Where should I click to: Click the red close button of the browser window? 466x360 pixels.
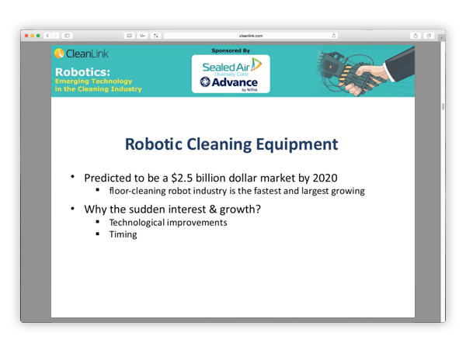click(26, 36)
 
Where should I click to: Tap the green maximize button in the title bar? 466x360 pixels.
click(38, 36)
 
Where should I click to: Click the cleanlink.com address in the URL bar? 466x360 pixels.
click(251, 36)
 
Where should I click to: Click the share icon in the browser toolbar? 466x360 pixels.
click(416, 36)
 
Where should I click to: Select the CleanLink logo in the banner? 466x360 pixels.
click(81, 54)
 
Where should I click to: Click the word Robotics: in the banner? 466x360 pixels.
click(82, 72)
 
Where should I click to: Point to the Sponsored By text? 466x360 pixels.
click(231, 50)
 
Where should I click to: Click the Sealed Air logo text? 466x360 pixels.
click(226, 67)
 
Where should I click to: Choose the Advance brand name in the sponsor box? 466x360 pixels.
click(235, 82)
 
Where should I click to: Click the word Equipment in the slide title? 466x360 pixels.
click(297, 145)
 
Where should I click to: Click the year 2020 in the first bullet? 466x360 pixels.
click(325, 178)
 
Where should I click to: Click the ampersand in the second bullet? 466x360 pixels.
click(213, 209)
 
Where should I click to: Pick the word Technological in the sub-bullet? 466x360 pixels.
click(137, 223)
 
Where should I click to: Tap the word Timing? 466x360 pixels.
click(123, 235)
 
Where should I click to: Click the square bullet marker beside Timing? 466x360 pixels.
click(98, 234)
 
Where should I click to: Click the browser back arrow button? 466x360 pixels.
click(47, 36)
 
